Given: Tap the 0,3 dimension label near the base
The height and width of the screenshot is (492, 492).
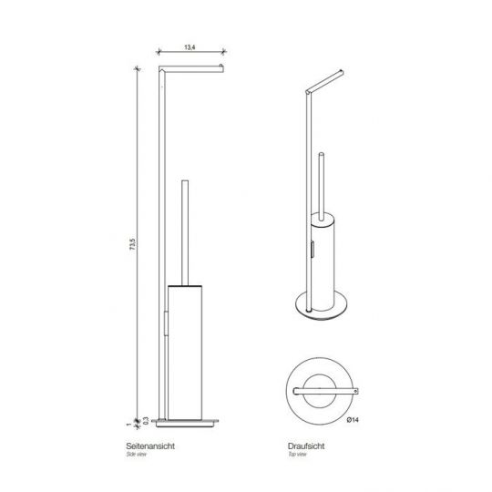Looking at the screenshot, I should (143, 420).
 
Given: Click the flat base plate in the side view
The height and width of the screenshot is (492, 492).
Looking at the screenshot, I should (187, 420).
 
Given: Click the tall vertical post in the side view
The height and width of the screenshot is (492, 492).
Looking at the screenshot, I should (161, 228).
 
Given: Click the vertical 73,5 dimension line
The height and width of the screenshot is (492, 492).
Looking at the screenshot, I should (138, 273).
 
